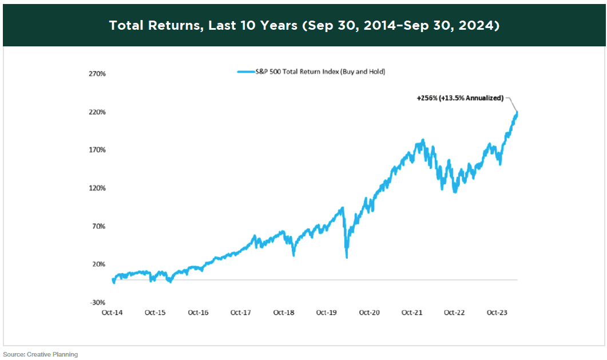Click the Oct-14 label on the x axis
click(113, 313)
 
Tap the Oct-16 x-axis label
click(198, 313)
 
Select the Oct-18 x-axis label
click(284, 313)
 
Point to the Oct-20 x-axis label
click(369, 313)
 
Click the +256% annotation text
click(460, 98)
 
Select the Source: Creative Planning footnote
click(41, 354)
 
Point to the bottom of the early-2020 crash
click(347, 257)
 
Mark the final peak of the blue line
click(517, 112)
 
